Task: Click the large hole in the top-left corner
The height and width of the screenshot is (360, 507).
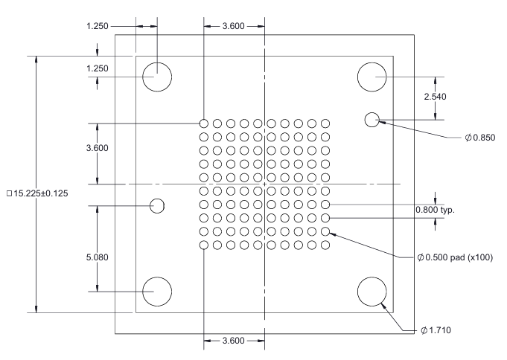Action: (157, 77)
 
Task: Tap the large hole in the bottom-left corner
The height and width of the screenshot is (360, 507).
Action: (157, 292)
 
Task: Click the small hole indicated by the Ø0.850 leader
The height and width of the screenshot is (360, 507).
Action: (372, 119)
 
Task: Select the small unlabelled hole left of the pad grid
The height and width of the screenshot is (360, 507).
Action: (157, 205)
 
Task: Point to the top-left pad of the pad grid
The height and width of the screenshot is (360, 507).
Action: (203, 123)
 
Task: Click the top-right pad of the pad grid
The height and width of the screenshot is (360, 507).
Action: (326, 123)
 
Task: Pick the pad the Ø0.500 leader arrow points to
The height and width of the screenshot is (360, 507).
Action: (326, 231)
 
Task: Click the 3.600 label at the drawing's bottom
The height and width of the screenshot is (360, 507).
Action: (235, 341)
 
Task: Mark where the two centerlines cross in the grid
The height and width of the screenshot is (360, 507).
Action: (265, 184)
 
